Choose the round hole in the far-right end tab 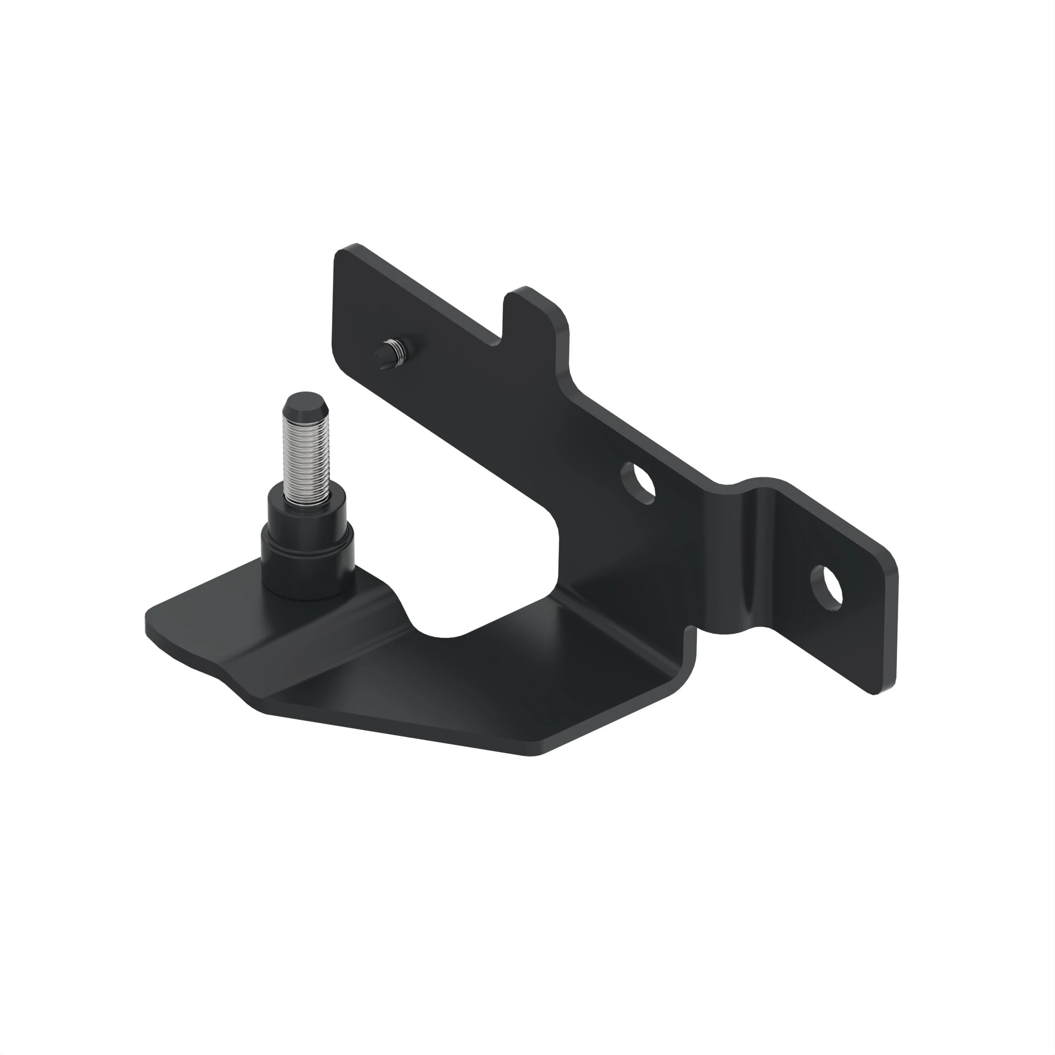tap(827, 585)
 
